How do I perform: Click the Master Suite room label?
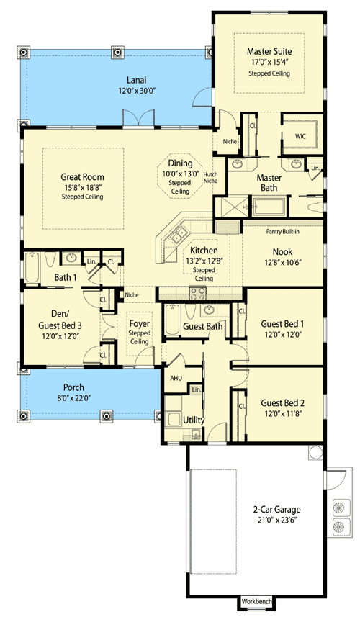(269, 51)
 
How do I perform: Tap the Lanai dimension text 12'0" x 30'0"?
(138, 91)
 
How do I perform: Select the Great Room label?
(82, 177)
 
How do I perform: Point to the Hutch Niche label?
(210, 177)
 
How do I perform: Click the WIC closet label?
(300, 137)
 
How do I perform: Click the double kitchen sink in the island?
(178, 236)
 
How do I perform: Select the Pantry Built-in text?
(282, 231)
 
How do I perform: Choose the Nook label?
(282, 252)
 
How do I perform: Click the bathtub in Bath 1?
(32, 269)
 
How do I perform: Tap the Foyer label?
(140, 323)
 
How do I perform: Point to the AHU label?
(176, 378)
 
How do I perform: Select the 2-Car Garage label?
(276, 510)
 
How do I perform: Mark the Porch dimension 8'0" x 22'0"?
(73, 398)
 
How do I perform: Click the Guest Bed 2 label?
(282, 403)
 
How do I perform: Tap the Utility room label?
(194, 420)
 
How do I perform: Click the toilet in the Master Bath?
(315, 207)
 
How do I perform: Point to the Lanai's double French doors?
(138, 119)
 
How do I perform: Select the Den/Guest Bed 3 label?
(60, 320)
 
